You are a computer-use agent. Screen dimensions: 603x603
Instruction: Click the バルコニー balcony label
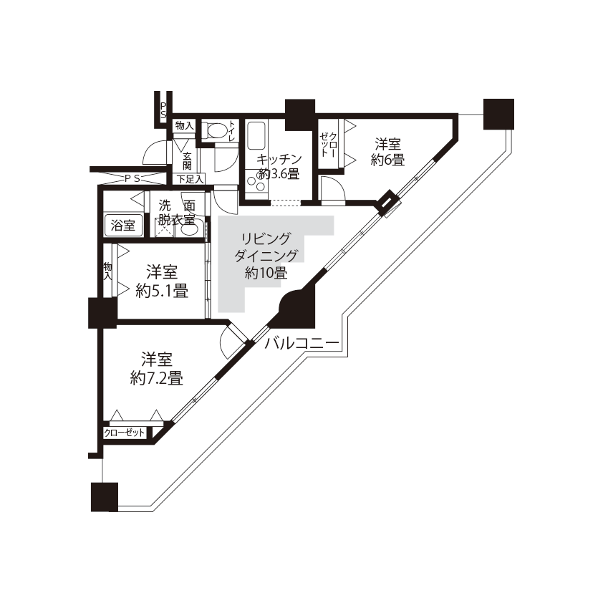pyautogui.click(x=302, y=342)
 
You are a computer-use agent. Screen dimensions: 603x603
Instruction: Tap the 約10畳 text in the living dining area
pyautogui.click(x=266, y=273)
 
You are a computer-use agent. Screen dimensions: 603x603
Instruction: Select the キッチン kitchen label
pyautogui.click(x=279, y=159)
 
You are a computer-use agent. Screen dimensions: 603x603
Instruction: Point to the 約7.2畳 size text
pyautogui.click(x=157, y=378)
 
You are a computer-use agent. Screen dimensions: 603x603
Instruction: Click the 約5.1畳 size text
pyautogui.click(x=162, y=291)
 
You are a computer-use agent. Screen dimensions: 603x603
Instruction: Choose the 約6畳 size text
pyautogui.click(x=387, y=160)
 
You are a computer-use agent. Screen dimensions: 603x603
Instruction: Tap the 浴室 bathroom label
pyautogui.click(x=123, y=226)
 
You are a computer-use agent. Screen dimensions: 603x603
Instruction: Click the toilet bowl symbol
pyautogui.click(x=215, y=130)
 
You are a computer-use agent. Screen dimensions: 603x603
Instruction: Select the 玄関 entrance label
pyautogui.click(x=188, y=160)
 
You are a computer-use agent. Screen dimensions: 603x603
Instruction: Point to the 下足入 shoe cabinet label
pyautogui.click(x=190, y=179)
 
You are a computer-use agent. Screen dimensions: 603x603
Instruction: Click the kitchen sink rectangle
pyautogui.click(x=256, y=136)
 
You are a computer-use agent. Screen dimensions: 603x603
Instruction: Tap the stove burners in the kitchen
pyautogui.click(x=256, y=183)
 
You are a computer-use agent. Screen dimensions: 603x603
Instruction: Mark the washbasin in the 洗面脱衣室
pyautogui.click(x=189, y=230)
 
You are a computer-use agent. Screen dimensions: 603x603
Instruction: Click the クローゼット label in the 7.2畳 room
pyautogui.click(x=124, y=433)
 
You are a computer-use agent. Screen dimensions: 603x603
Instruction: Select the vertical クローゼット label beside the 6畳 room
pyautogui.click(x=329, y=144)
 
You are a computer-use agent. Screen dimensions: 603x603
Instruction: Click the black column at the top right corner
pyautogui.click(x=498, y=114)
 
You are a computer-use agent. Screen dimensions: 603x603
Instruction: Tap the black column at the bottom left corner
pyautogui.click(x=105, y=497)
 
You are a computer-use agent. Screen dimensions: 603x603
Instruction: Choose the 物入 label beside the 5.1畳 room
pyautogui.click(x=107, y=271)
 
